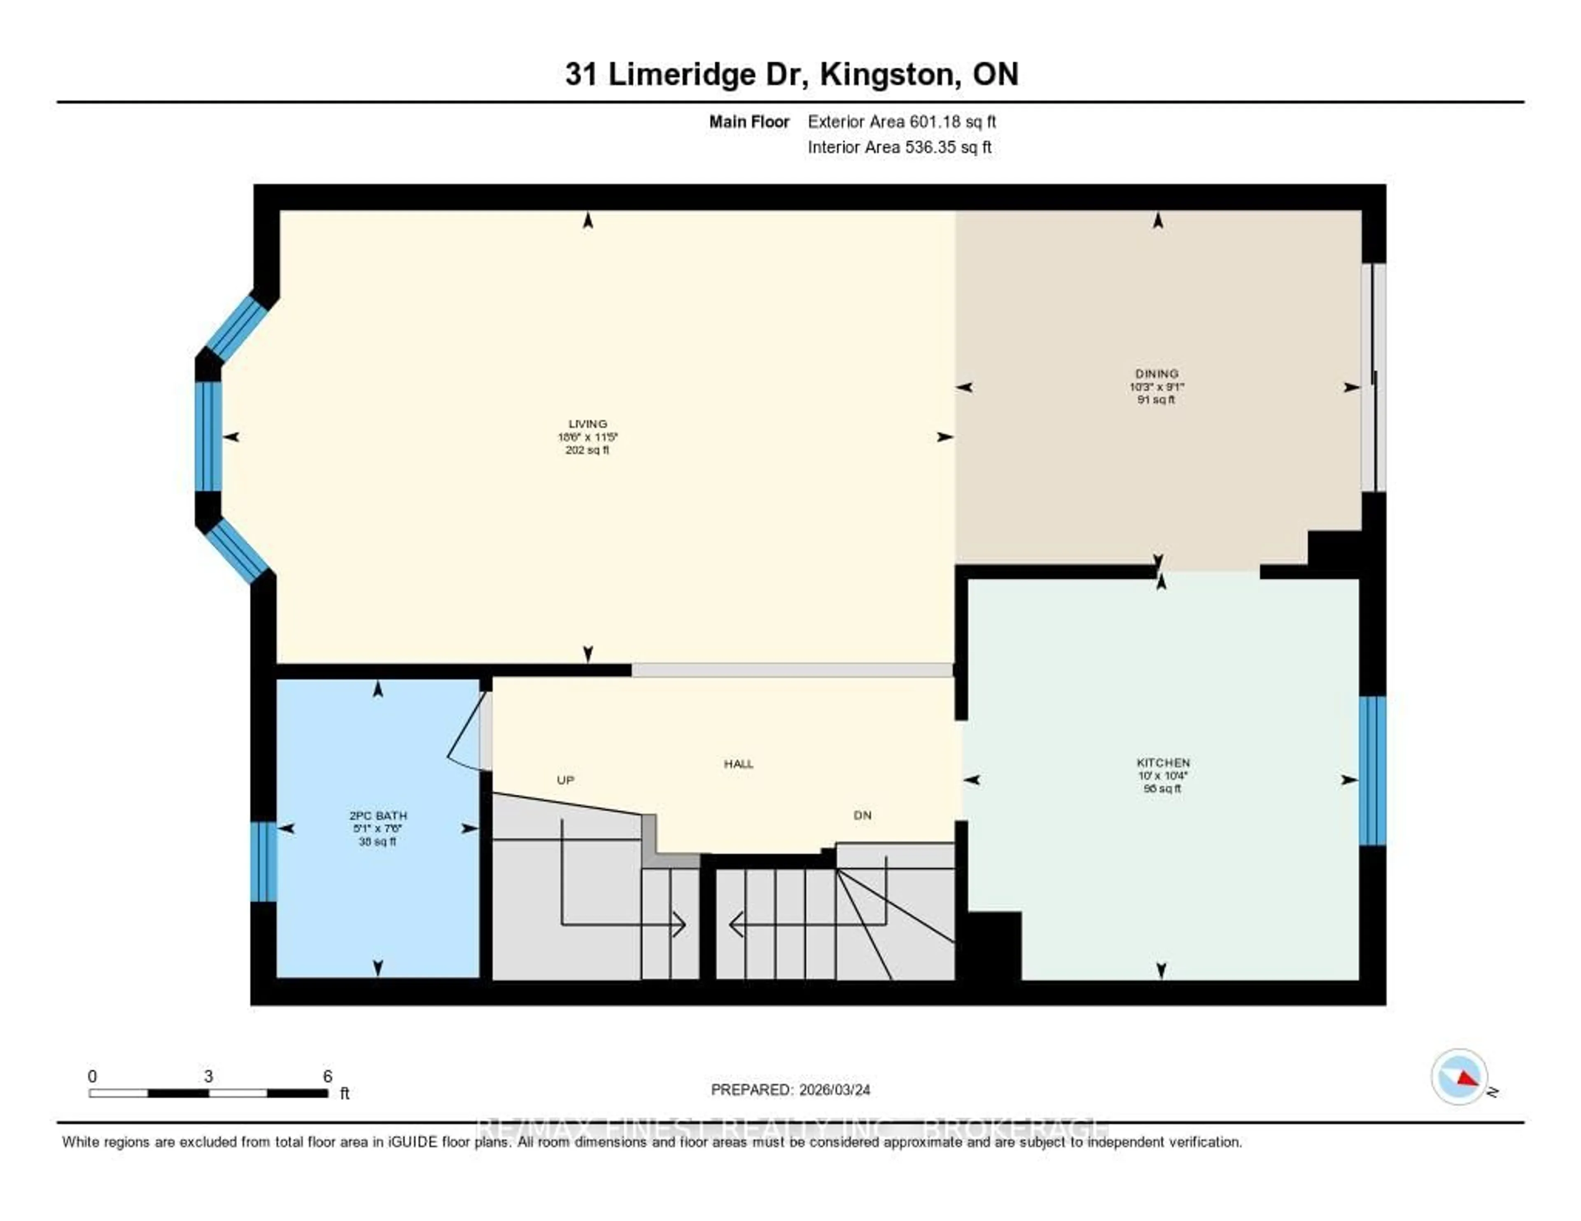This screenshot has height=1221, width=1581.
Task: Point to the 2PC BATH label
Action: tap(378, 816)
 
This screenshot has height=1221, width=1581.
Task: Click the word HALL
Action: tap(738, 764)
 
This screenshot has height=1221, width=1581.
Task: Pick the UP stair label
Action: tap(565, 780)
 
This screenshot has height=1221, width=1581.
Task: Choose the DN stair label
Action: tap(862, 815)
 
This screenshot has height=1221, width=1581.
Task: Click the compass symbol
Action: tap(1459, 1077)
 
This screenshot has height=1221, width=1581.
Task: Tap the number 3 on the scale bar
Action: tap(208, 1076)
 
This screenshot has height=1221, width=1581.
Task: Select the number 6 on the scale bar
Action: tap(327, 1076)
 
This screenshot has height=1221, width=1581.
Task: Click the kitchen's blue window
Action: tap(1372, 771)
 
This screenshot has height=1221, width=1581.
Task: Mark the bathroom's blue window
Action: tap(263, 861)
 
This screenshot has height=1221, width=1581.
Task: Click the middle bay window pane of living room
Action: tap(208, 436)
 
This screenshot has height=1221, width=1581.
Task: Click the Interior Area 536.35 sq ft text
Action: tap(899, 147)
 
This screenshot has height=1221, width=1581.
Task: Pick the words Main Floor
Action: tap(749, 121)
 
